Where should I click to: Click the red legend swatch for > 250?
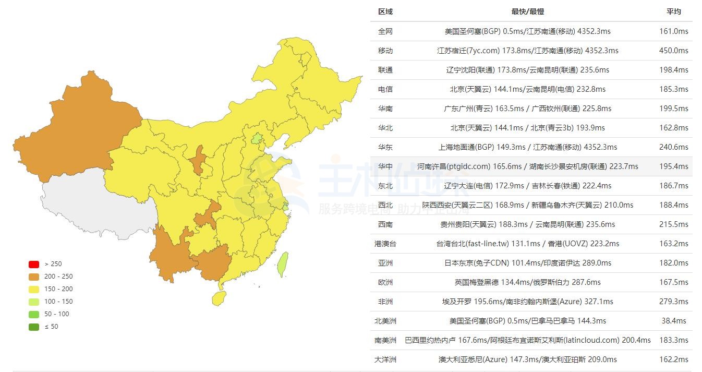coord(34,264)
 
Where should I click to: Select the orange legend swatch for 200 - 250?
coord(34,277)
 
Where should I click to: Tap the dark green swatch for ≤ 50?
coord(34,327)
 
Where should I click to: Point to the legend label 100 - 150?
coord(58,302)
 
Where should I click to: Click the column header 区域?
coord(385,11)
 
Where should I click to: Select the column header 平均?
coord(673,11)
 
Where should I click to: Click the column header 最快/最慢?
coord(527,11)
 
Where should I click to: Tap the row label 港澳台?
coord(385,244)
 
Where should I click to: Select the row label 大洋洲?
coord(385,359)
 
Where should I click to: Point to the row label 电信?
coord(385,89)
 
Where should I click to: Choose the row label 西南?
coord(385,224)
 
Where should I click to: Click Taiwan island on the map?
coord(282,265)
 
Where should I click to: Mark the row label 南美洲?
coord(385,340)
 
